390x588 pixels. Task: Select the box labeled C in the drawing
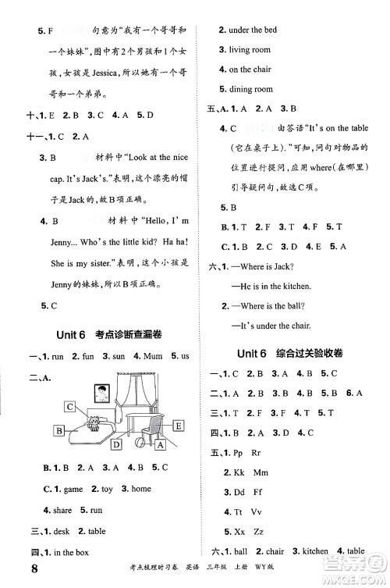coord(71,406)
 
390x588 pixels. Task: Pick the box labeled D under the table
coord(116,444)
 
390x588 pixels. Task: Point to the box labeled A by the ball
coord(161,445)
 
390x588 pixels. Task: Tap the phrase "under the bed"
coord(246,30)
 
